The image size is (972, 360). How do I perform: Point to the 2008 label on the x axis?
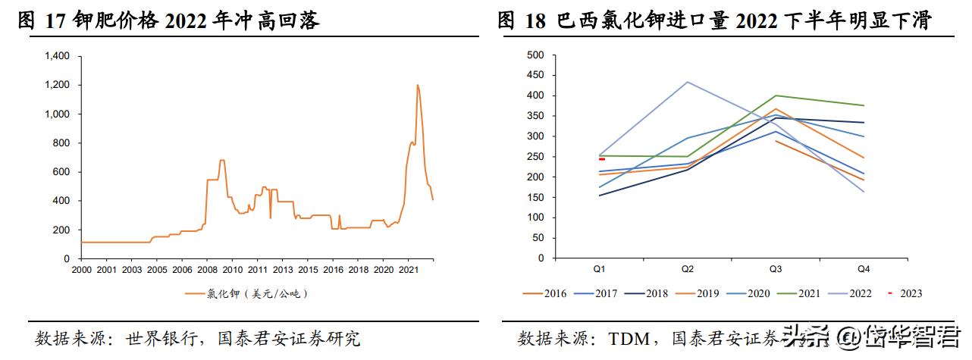point(207,270)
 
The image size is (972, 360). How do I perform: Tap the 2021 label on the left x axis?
point(409,270)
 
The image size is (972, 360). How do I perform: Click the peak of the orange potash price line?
point(417,85)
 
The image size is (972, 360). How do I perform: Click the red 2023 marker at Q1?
point(601,159)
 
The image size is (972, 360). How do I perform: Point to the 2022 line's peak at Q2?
point(688,82)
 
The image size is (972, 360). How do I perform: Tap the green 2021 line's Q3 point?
point(774,95)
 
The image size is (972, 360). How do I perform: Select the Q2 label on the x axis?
point(688,270)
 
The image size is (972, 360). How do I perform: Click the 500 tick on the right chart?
point(535,55)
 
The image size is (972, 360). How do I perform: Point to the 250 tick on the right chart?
point(535,157)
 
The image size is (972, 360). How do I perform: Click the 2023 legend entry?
point(907,293)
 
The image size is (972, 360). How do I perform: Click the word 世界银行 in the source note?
point(171,337)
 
